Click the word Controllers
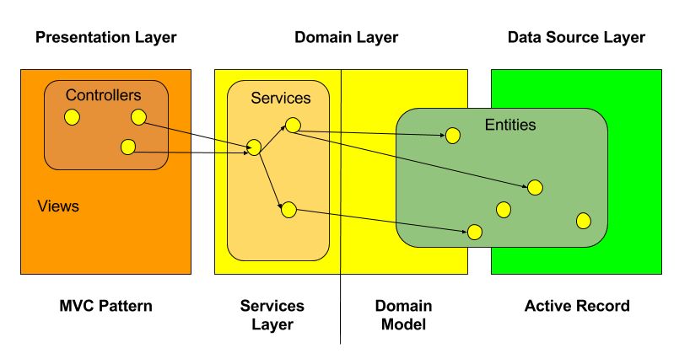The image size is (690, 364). (103, 95)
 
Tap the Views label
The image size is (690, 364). (58, 206)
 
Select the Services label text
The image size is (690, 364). (280, 99)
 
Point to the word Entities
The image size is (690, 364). (509, 125)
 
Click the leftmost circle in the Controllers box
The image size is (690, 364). (73, 117)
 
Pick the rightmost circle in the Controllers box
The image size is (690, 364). (138, 117)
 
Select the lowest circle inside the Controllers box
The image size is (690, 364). (128, 147)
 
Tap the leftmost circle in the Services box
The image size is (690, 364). (253, 149)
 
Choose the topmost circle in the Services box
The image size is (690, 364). (293, 126)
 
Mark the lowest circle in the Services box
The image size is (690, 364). (288, 210)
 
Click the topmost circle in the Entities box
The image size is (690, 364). (453, 135)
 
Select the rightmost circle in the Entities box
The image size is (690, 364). (583, 221)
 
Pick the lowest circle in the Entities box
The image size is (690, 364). (475, 232)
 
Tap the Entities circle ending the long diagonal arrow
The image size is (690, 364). (535, 188)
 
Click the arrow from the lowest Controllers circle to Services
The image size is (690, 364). (190, 153)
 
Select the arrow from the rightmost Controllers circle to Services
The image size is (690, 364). (194, 135)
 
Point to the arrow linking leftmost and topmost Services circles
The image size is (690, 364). (272, 137)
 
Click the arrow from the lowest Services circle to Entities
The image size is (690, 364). (380, 220)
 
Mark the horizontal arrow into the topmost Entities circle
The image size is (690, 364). (371, 133)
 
